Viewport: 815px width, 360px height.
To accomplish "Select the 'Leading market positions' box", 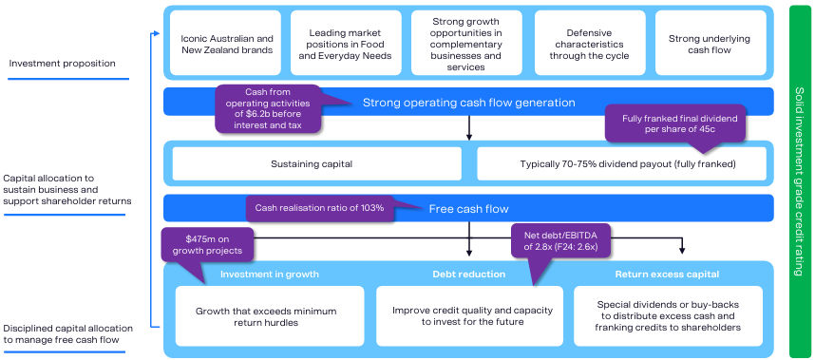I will pos(346,43).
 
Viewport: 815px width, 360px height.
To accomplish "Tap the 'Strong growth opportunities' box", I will pos(467,43).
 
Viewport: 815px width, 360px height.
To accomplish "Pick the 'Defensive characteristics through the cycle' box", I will pos(589,43).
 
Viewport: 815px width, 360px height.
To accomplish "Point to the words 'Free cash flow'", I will pos(469,209).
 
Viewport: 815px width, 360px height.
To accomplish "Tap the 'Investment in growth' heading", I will pos(270,275).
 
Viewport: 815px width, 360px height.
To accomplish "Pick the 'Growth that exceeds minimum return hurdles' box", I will pos(270,316).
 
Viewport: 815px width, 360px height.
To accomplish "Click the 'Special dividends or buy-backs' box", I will pos(669,316).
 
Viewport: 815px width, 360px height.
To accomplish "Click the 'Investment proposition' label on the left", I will pos(62,64).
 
